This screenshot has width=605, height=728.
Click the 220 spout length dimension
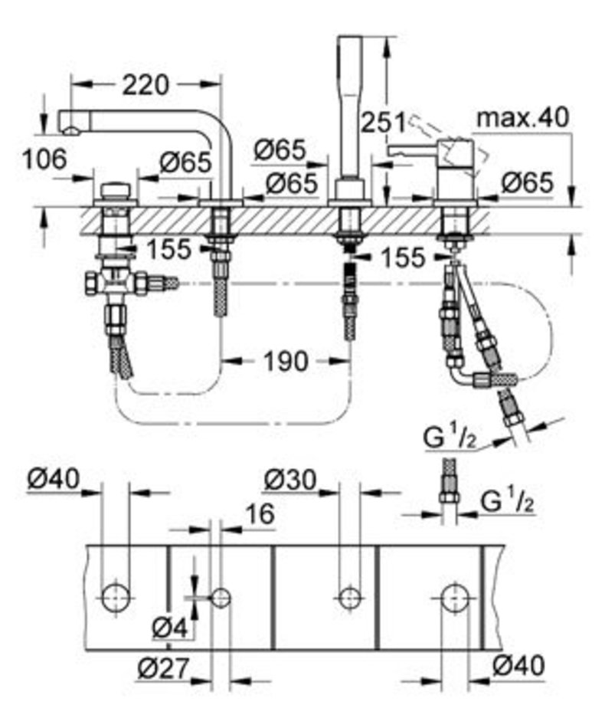(146, 85)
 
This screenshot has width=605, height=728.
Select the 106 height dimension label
(45, 159)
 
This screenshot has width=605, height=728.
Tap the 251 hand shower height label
(383, 123)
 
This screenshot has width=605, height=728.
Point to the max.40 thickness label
(523, 117)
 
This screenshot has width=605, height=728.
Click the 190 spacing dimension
(286, 361)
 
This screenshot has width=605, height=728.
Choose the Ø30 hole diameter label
(289, 480)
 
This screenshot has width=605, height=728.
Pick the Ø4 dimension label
(170, 628)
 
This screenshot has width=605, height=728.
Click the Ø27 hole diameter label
(164, 668)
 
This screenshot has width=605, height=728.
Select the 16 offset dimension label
(260, 514)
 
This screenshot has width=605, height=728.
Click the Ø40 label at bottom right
(518, 666)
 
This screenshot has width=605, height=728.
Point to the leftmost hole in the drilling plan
(115, 598)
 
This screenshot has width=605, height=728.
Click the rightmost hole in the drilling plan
(455, 598)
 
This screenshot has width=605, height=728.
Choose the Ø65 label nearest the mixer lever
(528, 182)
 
